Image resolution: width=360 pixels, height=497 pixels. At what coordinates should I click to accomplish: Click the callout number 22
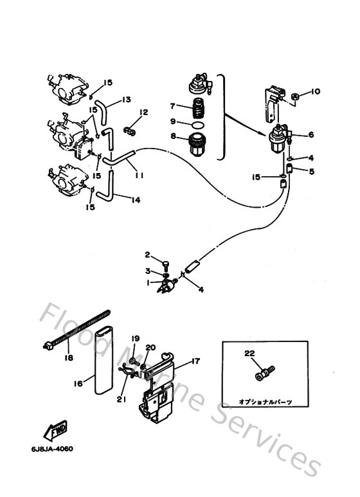click(x=249, y=353)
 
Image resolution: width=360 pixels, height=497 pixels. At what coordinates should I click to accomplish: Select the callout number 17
click(x=195, y=361)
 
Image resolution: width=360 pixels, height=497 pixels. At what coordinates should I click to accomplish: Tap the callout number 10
click(x=316, y=92)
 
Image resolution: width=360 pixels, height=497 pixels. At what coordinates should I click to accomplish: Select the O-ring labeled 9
click(x=199, y=122)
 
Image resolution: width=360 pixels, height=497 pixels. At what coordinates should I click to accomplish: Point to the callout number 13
click(x=126, y=100)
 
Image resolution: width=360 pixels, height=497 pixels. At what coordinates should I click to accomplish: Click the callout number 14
click(x=135, y=199)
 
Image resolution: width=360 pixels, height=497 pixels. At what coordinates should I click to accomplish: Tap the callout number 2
click(x=147, y=255)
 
